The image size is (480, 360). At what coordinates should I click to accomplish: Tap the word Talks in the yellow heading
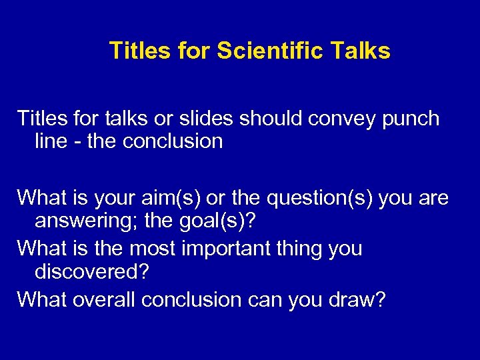[x=358, y=51]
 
